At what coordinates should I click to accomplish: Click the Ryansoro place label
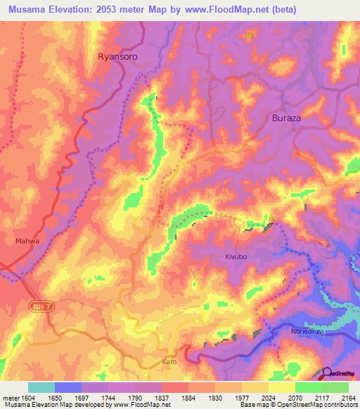click(117, 56)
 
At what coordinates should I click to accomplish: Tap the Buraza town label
click(286, 118)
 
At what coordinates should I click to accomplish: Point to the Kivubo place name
click(238, 257)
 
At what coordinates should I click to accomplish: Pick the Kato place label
click(169, 363)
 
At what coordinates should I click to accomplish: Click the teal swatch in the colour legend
click(41, 387)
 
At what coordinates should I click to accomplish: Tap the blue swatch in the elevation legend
click(68, 387)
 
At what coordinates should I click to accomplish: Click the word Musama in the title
click(31, 9)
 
